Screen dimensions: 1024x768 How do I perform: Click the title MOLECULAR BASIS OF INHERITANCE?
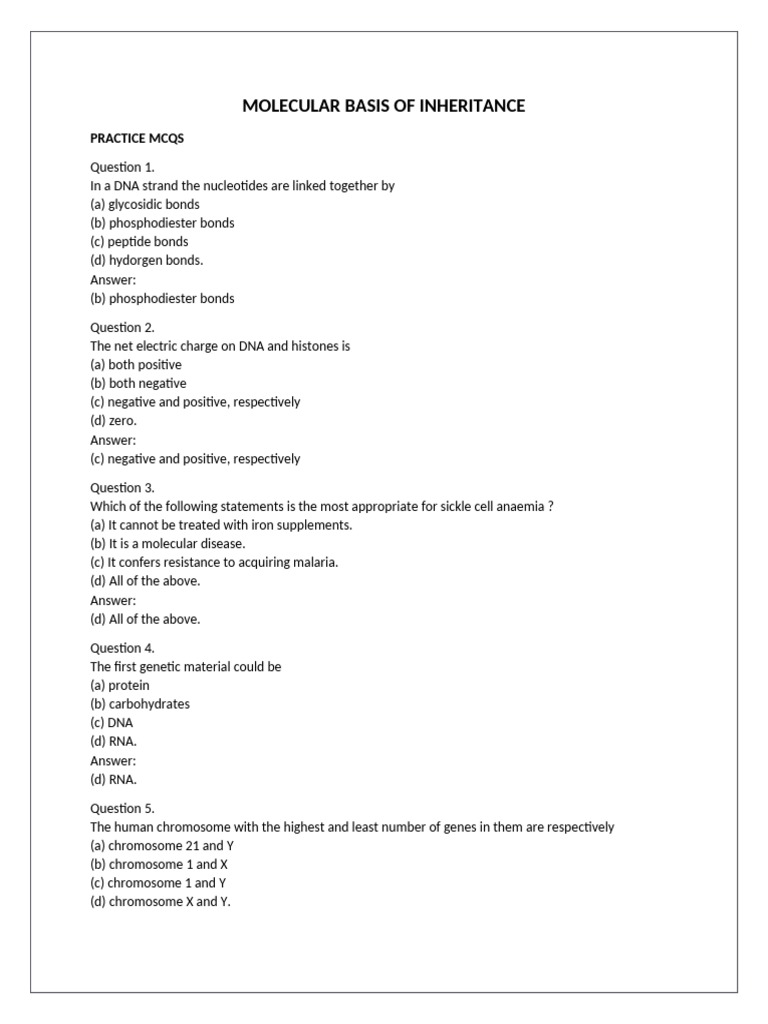coord(383,105)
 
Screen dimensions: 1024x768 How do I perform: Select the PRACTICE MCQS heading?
coord(137,139)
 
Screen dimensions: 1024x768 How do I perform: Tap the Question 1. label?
coord(122,167)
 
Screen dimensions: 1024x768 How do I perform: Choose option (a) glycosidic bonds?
coord(145,204)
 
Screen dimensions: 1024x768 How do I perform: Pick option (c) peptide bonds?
coord(139,241)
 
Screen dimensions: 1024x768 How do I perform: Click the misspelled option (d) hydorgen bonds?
coord(147,260)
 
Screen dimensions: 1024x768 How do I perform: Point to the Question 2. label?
coord(122,327)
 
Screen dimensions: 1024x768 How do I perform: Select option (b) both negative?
coord(138,383)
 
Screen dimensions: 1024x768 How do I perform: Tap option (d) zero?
coord(113,421)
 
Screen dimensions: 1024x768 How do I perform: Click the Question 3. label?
coord(122,488)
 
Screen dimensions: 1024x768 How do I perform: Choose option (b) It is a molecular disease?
coord(168,543)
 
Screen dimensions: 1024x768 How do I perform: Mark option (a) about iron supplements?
coord(221,525)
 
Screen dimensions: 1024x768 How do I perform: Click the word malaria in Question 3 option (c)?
coord(314,562)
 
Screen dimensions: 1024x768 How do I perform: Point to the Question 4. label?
coord(122,648)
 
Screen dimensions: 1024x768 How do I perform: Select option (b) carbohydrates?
coord(140,704)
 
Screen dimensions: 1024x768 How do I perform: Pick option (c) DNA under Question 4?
coord(111,722)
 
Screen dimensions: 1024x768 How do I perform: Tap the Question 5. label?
coord(122,808)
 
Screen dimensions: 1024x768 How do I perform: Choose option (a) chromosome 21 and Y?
coord(162,845)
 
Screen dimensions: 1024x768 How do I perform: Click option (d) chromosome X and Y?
coord(160,902)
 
